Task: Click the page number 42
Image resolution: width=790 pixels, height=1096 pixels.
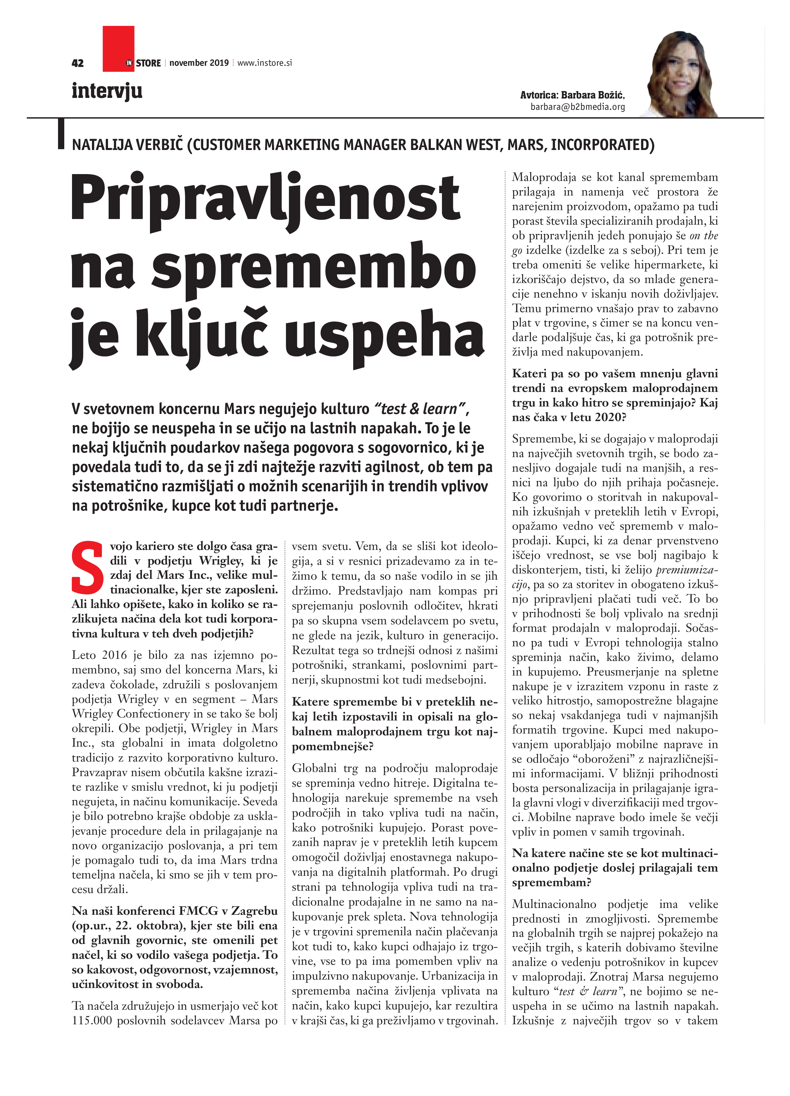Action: [x=77, y=63]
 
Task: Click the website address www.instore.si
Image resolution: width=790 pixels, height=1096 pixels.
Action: [x=265, y=63]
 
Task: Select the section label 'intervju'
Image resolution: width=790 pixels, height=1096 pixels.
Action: [x=107, y=91]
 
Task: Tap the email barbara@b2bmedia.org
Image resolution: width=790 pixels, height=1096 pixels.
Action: [x=578, y=107]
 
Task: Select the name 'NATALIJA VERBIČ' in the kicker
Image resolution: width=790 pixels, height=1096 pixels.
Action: [x=128, y=145]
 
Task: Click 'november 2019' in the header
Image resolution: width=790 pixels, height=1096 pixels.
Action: [x=199, y=63]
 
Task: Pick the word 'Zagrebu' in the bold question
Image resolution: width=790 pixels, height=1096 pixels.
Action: [x=254, y=910]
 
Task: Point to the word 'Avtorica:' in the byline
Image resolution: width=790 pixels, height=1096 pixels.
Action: [x=539, y=95]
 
